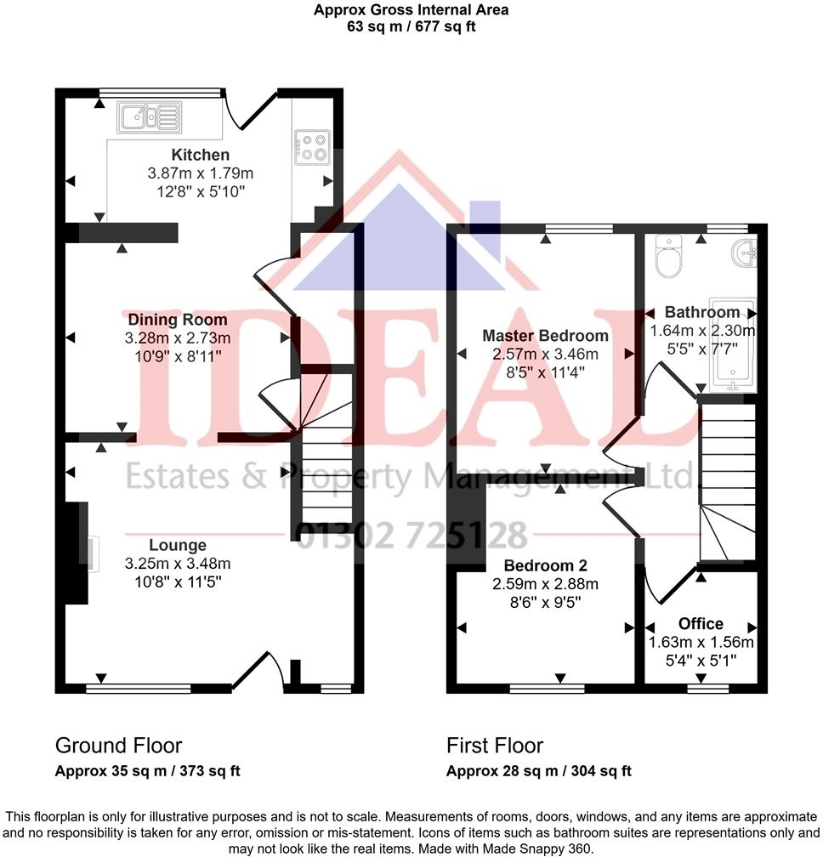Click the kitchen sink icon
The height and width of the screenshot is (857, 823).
pyautogui.click(x=150, y=116)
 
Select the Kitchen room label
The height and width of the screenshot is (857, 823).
pyautogui.click(x=201, y=155)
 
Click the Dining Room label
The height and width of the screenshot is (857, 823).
pyautogui.click(x=178, y=320)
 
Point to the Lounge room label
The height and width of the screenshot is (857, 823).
pyautogui.click(x=178, y=545)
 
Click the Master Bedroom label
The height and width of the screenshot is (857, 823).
pyautogui.click(x=545, y=335)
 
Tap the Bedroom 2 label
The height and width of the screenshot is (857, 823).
pyautogui.click(x=545, y=565)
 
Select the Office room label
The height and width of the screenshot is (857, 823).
pyautogui.click(x=701, y=624)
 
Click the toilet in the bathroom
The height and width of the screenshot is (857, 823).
pyautogui.click(x=670, y=256)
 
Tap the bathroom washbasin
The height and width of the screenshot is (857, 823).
pyautogui.click(x=744, y=253)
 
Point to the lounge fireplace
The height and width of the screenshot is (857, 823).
pyautogui.click(x=78, y=553)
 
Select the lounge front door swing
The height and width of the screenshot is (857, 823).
pyautogui.click(x=258, y=668)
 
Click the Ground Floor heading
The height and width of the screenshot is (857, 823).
pyautogui.click(x=118, y=746)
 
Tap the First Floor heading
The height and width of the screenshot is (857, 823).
pyautogui.click(x=495, y=746)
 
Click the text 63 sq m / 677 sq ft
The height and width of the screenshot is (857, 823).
pyautogui.click(x=411, y=26)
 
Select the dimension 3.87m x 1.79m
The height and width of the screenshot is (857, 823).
pyautogui.click(x=201, y=173)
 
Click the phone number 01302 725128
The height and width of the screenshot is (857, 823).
pyautogui.click(x=411, y=536)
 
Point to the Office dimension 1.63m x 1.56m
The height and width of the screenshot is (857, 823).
pyautogui.click(x=701, y=643)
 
